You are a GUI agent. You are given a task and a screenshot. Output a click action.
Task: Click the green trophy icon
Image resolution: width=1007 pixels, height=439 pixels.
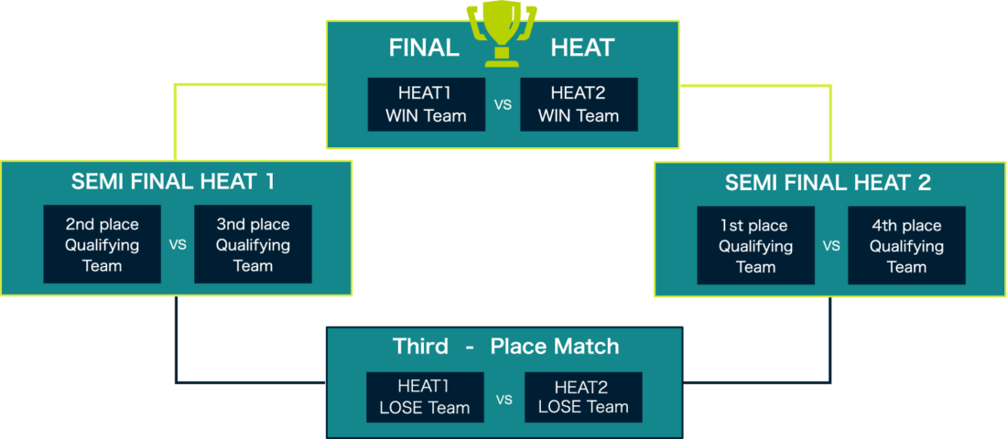[x=502, y=35]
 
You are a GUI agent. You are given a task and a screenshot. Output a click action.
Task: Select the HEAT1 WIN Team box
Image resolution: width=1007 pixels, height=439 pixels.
[x=426, y=104]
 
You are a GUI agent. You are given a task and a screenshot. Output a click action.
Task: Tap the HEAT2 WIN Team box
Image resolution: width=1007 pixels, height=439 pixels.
[x=578, y=104]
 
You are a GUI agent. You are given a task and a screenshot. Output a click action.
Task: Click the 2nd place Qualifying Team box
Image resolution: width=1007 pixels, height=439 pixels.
[x=102, y=244]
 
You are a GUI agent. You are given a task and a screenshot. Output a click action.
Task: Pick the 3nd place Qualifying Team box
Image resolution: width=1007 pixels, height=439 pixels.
[x=253, y=244]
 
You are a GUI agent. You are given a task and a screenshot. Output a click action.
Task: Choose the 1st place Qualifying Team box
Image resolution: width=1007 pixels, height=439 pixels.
[x=755, y=246]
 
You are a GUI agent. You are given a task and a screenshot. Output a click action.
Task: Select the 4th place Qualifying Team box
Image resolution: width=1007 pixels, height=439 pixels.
[x=906, y=246]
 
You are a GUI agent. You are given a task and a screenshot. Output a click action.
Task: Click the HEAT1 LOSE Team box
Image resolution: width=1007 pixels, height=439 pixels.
[x=425, y=397]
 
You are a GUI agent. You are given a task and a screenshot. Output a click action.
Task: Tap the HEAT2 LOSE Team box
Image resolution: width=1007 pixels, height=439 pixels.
[x=583, y=397]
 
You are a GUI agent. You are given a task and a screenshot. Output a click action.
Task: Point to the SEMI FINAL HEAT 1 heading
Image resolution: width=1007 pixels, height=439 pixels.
[x=173, y=182]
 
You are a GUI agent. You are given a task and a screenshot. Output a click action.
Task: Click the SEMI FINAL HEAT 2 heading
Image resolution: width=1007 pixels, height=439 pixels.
[x=828, y=183]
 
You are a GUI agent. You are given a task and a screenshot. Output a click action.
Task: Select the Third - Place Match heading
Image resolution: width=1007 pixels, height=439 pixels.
[x=505, y=347]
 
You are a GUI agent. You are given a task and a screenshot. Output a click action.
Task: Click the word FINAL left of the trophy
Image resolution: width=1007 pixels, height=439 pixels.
[x=424, y=48]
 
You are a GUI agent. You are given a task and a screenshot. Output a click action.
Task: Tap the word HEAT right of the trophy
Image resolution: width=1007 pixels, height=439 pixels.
[x=582, y=48]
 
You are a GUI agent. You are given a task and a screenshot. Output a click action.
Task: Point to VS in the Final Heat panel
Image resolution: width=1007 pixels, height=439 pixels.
[x=503, y=105]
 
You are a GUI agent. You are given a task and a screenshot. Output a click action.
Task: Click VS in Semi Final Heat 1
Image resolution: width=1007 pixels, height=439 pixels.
[x=178, y=245]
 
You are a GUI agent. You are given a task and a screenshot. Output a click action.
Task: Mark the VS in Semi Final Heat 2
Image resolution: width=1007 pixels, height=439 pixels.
[x=831, y=246]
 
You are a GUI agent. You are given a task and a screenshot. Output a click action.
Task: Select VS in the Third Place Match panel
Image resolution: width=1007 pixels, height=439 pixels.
[x=504, y=399]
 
